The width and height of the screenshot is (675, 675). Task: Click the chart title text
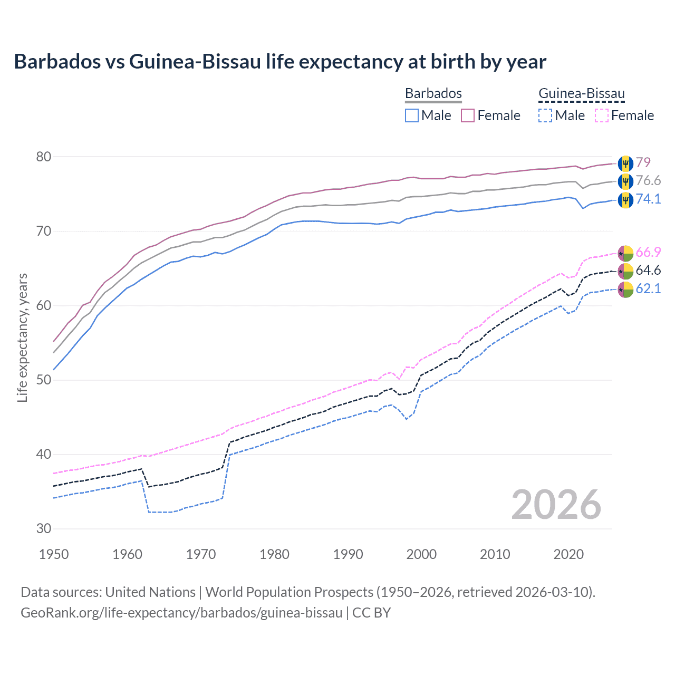(280, 62)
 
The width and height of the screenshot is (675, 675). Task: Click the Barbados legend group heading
(433, 93)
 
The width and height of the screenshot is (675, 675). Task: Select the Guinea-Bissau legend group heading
(581, 94)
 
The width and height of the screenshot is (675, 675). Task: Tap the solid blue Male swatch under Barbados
(412, 115)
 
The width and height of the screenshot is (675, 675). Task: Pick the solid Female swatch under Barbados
(468, 115)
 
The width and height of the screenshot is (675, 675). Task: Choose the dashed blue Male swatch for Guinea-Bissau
(545, 115)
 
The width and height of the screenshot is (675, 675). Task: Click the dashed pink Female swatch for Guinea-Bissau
(602, 115)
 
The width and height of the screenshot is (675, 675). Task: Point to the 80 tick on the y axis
(44, 157)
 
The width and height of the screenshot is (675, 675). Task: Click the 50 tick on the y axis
(44, 380)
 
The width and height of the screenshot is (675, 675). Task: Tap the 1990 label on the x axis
(348, 554)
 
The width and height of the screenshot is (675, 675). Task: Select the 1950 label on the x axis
(54, 554)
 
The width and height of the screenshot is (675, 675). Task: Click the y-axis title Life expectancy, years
(23, 337)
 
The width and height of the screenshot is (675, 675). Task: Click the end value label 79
(643, 162)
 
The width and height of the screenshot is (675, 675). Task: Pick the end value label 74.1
(648, 199)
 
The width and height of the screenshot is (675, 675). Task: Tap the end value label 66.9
(648, 252)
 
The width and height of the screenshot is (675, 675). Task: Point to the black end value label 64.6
(648, 271)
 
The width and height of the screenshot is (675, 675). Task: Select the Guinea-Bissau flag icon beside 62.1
(625, 290)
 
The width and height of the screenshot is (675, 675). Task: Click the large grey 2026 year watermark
(556, 505)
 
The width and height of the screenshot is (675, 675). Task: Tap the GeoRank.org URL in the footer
(181, 613)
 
